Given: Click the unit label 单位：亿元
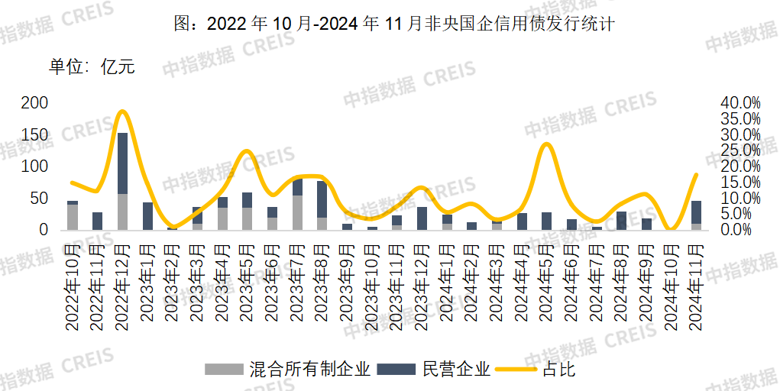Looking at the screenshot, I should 92,66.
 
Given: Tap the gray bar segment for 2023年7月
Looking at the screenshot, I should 297,212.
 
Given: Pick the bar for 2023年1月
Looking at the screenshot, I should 147,216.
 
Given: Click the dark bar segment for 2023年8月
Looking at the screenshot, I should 322,199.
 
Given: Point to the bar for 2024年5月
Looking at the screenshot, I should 546,221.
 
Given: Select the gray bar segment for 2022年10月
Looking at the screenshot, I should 73,217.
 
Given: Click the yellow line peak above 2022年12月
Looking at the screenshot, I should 123,111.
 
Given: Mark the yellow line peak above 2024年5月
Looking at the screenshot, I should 545,144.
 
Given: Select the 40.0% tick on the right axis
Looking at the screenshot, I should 740,103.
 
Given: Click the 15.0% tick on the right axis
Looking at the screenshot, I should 740,183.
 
